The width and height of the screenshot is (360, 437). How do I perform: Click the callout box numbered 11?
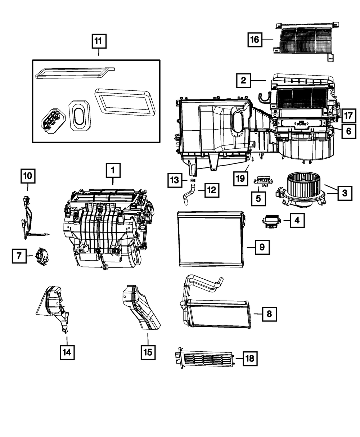(98, 41)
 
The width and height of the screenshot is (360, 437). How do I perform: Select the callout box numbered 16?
(254, 40)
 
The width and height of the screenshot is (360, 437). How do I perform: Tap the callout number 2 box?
(244, 80)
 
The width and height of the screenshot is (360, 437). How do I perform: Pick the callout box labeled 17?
(348, 116)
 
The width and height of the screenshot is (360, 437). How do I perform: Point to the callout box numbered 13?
(175, 180)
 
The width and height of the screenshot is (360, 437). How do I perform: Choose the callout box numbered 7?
(19, 256)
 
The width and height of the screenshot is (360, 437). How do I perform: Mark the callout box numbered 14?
(67, 351)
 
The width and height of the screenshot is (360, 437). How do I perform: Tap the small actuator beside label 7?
(43, 256)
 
